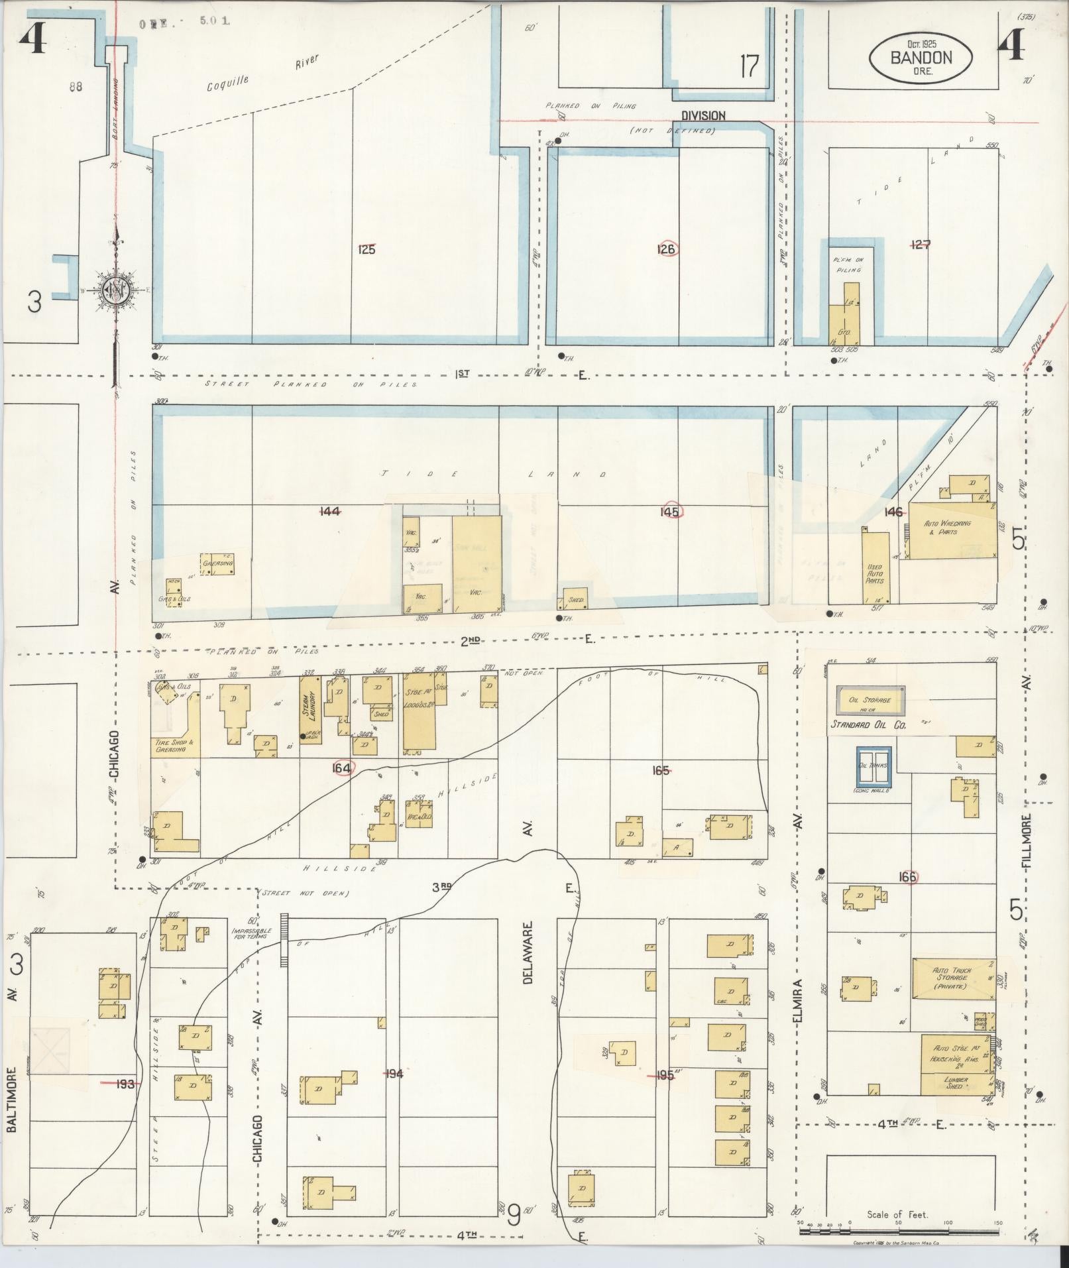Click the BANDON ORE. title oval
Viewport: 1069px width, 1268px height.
tap(921, 59)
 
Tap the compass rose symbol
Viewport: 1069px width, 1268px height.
tap(117, 290)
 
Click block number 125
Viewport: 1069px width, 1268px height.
tap(366, 250)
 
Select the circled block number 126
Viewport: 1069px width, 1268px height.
tap(667, 249)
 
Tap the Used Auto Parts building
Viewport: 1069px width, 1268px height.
tap(875, 567)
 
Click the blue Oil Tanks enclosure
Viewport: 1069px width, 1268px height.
tap(873, 766)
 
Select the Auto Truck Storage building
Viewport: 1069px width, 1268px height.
tap(953, 978)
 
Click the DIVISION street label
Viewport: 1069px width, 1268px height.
tap(703, 115)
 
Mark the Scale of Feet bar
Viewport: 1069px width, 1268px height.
tap(901, 1232)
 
